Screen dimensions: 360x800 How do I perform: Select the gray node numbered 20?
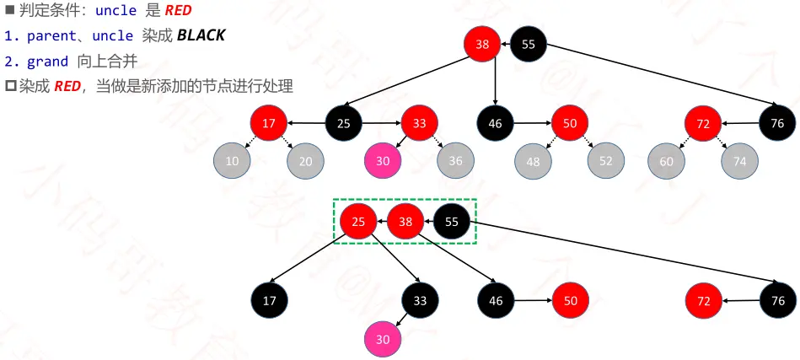[305, 160]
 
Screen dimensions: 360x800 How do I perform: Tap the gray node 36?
[455, 160]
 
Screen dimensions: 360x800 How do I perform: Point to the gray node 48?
[534, 160]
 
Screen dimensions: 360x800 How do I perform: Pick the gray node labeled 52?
[606, 160]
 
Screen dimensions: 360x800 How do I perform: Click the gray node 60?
[667, 160]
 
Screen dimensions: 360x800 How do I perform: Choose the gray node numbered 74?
[740, 160]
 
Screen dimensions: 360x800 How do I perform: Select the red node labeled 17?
[269, 124]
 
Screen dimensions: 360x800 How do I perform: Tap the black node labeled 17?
[270, 300]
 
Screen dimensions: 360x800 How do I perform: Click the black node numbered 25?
[344, 124]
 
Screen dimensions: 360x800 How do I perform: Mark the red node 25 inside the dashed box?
[358, 223]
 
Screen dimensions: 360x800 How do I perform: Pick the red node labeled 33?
[419, 124]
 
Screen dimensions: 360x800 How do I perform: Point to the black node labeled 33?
[420, 300]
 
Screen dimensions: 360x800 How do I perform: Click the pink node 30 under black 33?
[383, 339]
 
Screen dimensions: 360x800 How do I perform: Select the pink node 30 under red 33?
[383, 160]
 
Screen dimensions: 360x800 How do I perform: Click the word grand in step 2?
[48, 61]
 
